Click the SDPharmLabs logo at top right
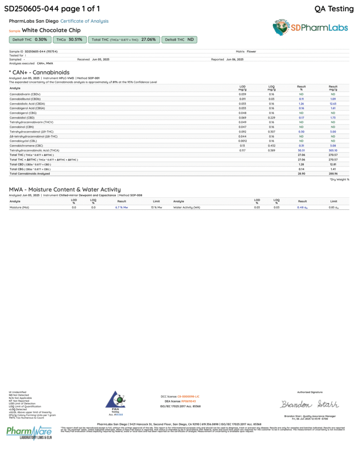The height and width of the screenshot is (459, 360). pyautogui.click(x=310, y=27)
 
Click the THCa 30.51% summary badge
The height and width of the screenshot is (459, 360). pyautogui.click(x=69, y=39)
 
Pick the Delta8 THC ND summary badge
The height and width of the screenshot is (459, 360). pyautogui.click(x=179, y=39)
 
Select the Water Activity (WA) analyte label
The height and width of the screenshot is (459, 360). pyautogui.click(x=187, y=208)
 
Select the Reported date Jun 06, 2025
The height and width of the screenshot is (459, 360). pyautogui.click(x=235, y=59)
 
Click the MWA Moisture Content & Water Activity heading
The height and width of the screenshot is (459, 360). pyautogui.click(x=65, y=190)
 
